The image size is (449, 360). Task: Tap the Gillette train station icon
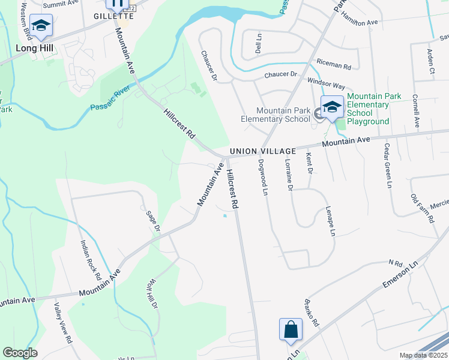tap(117, 4)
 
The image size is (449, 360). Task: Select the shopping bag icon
tap(291, 329)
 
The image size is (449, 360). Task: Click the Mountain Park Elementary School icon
tap(331, 108)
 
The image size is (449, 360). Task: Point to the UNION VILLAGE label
tap(262, 152)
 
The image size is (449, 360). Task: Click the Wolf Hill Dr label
tap(151, 292)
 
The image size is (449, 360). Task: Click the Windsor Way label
tap(326, 80)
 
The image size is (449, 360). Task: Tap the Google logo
tap(20, 353)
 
